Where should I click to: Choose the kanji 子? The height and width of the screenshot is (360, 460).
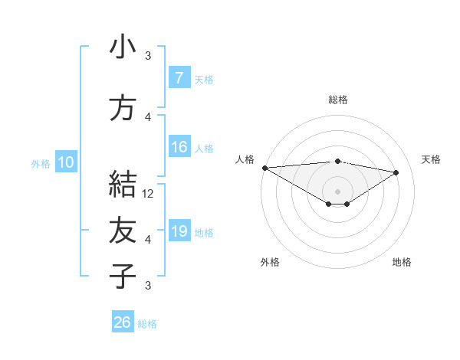coord(122,276)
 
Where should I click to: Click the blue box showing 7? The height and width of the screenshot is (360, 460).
coord(179,77)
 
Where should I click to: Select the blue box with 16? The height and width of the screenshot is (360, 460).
coord(179,147)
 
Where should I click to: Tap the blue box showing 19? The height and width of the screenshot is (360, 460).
coord(179,231)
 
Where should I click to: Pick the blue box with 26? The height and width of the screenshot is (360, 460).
coord(123,322)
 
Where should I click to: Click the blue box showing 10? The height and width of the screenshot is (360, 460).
coord(66,162)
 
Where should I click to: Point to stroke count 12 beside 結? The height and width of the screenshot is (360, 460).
coord(149,194)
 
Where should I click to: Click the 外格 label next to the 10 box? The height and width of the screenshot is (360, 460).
coord(40,163)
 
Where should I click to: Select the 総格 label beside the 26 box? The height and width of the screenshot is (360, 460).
coord(147,324)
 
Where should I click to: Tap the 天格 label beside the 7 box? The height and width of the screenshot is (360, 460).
coord(203,79)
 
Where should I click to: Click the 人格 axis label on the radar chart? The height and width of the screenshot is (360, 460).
coord(245,159)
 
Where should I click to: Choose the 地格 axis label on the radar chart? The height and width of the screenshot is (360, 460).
coord(402,262)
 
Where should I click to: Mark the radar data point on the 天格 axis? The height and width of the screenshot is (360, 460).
coord(396,172)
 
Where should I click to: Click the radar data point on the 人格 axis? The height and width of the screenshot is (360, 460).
coord(264,168)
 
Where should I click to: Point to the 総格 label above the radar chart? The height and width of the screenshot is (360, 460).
coord(337,100)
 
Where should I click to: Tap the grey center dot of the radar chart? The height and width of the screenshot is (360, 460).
coord(337,190)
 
